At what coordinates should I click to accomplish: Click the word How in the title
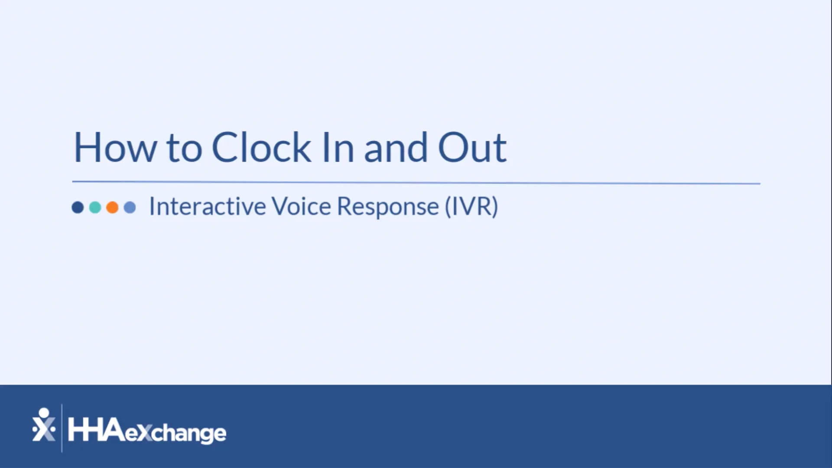[115, 148]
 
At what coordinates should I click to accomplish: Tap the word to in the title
[184, 149]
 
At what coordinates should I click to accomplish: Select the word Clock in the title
[261, 148]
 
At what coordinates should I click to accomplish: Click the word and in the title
[396, 149]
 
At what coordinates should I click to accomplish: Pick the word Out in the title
[472, 148]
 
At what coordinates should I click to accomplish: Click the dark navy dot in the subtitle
[78, 208]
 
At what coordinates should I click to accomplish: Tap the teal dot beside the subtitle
[95, 208]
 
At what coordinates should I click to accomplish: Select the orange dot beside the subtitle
[112, 208]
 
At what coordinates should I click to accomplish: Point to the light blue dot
[130, 208]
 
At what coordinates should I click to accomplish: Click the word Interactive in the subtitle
[207, 206]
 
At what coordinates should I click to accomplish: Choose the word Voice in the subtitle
[301, 206]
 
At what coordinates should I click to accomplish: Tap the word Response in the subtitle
[388, 207]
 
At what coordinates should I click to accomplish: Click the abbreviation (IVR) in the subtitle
[471, 207]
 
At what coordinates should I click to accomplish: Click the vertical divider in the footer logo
[62, 428]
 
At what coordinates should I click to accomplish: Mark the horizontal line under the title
[416, 183]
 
